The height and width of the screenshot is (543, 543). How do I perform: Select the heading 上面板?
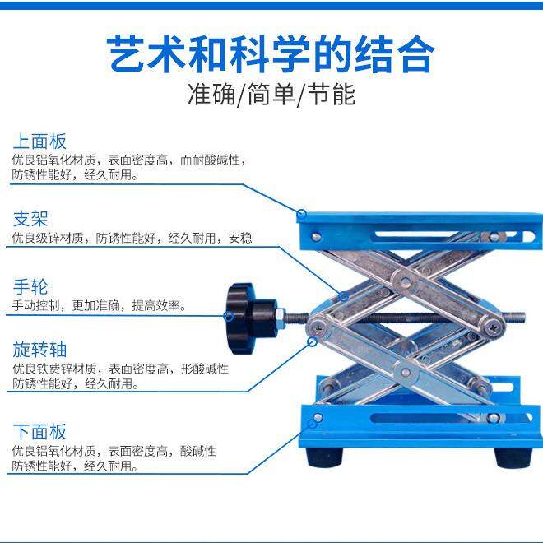click(x=39, y=142)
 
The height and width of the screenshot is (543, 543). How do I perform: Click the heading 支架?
click(x=30, y=219)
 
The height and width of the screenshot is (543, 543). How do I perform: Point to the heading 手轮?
click(x=30, y=287)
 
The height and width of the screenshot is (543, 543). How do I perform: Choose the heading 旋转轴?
click(x=39, y=349)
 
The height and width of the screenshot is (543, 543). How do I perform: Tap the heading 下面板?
click(x=39, y=431)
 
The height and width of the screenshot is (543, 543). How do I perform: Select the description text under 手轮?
click(x=100, y=306)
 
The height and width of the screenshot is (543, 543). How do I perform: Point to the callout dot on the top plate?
click(x=302, y=216)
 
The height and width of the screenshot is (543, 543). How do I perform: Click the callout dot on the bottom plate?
click(x=317, y=420)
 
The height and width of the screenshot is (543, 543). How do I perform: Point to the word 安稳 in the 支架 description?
click(x=240, y=239)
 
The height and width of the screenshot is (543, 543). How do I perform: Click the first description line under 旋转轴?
click(x=120, y=369)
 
